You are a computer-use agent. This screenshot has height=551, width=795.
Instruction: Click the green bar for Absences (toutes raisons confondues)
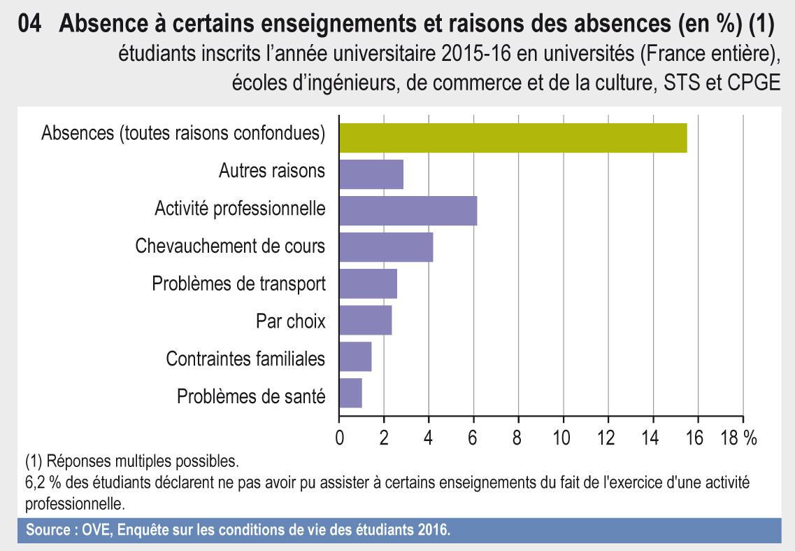pos(513,137)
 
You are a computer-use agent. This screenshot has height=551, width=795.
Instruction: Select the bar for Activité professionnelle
pos(408,211)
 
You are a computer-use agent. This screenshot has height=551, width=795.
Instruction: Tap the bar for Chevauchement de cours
pos(386,246)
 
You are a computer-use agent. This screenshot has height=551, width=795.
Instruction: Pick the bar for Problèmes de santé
pos(350,393)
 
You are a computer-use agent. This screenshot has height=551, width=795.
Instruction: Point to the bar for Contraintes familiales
pos(355,356)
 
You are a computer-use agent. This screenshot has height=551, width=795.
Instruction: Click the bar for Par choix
pos(365,320)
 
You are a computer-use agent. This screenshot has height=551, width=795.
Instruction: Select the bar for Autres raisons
pos(371,174)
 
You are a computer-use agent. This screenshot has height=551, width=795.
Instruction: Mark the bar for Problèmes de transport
pos(368,284)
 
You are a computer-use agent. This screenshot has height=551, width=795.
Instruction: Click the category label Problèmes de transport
pos(238,284)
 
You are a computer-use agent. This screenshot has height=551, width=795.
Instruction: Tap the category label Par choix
pos(290,321)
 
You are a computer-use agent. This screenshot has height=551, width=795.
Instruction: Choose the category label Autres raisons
pos(271,170)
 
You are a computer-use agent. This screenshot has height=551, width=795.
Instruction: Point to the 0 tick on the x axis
pos(340,439)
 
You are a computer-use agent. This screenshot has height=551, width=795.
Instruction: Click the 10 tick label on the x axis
pos(561,439)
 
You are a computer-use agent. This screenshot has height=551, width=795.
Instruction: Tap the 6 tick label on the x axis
pos(473,439)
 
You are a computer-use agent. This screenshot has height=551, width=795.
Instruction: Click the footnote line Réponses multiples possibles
pos(131,461)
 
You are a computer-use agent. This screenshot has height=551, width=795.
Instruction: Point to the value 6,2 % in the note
pos(42,482)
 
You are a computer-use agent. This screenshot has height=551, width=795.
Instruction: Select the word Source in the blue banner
pos(47,530)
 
